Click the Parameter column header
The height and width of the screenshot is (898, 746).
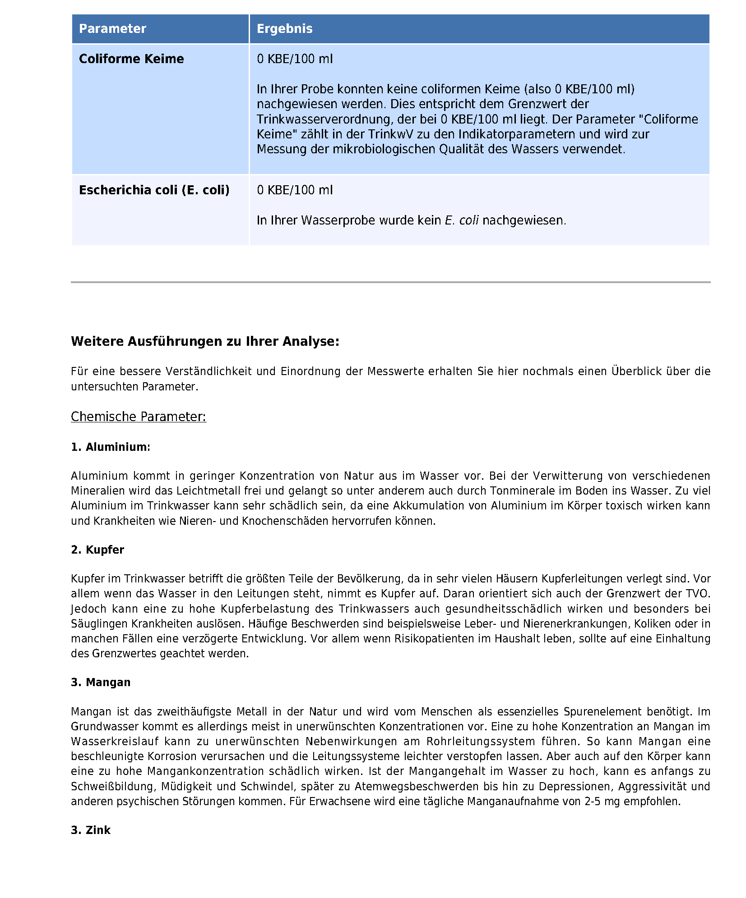pos(112,29)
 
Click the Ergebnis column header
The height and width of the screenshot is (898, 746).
pos(284,29)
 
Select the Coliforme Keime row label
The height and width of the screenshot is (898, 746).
pos(131,59)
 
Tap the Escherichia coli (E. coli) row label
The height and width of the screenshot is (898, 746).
pos(154,190)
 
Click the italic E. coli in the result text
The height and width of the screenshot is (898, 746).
pos(461,220)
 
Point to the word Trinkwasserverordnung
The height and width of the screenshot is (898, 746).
pos(324,119)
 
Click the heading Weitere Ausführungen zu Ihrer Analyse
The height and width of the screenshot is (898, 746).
pos(205,341)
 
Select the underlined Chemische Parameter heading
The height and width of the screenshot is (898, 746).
pos(138,417)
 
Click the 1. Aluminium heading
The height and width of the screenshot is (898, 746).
pos(110,447)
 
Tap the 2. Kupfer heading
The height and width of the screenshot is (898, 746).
pos(97,550)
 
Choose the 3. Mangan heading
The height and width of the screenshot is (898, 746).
pos(100,683)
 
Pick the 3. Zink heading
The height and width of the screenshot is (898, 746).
pos(90,830)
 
